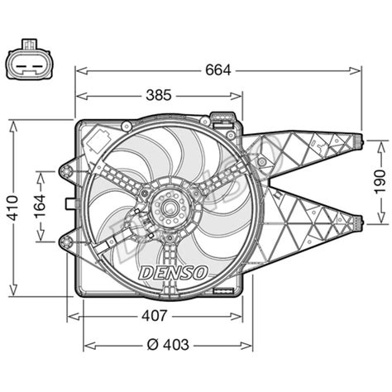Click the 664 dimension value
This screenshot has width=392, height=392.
pos(218,70)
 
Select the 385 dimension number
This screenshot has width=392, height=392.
pos(159,95)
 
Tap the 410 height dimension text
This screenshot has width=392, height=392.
pos(13,208)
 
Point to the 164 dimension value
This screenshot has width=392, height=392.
pos(40,206)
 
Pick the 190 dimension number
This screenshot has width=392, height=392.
pos(380,182)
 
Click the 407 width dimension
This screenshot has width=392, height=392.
pos(155,316)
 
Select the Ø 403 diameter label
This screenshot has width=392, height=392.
pos(168,344)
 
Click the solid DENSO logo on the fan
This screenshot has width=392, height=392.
pos(174,273)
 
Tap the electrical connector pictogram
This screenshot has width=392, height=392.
pos(30,60)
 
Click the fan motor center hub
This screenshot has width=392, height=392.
pos(171,208)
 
